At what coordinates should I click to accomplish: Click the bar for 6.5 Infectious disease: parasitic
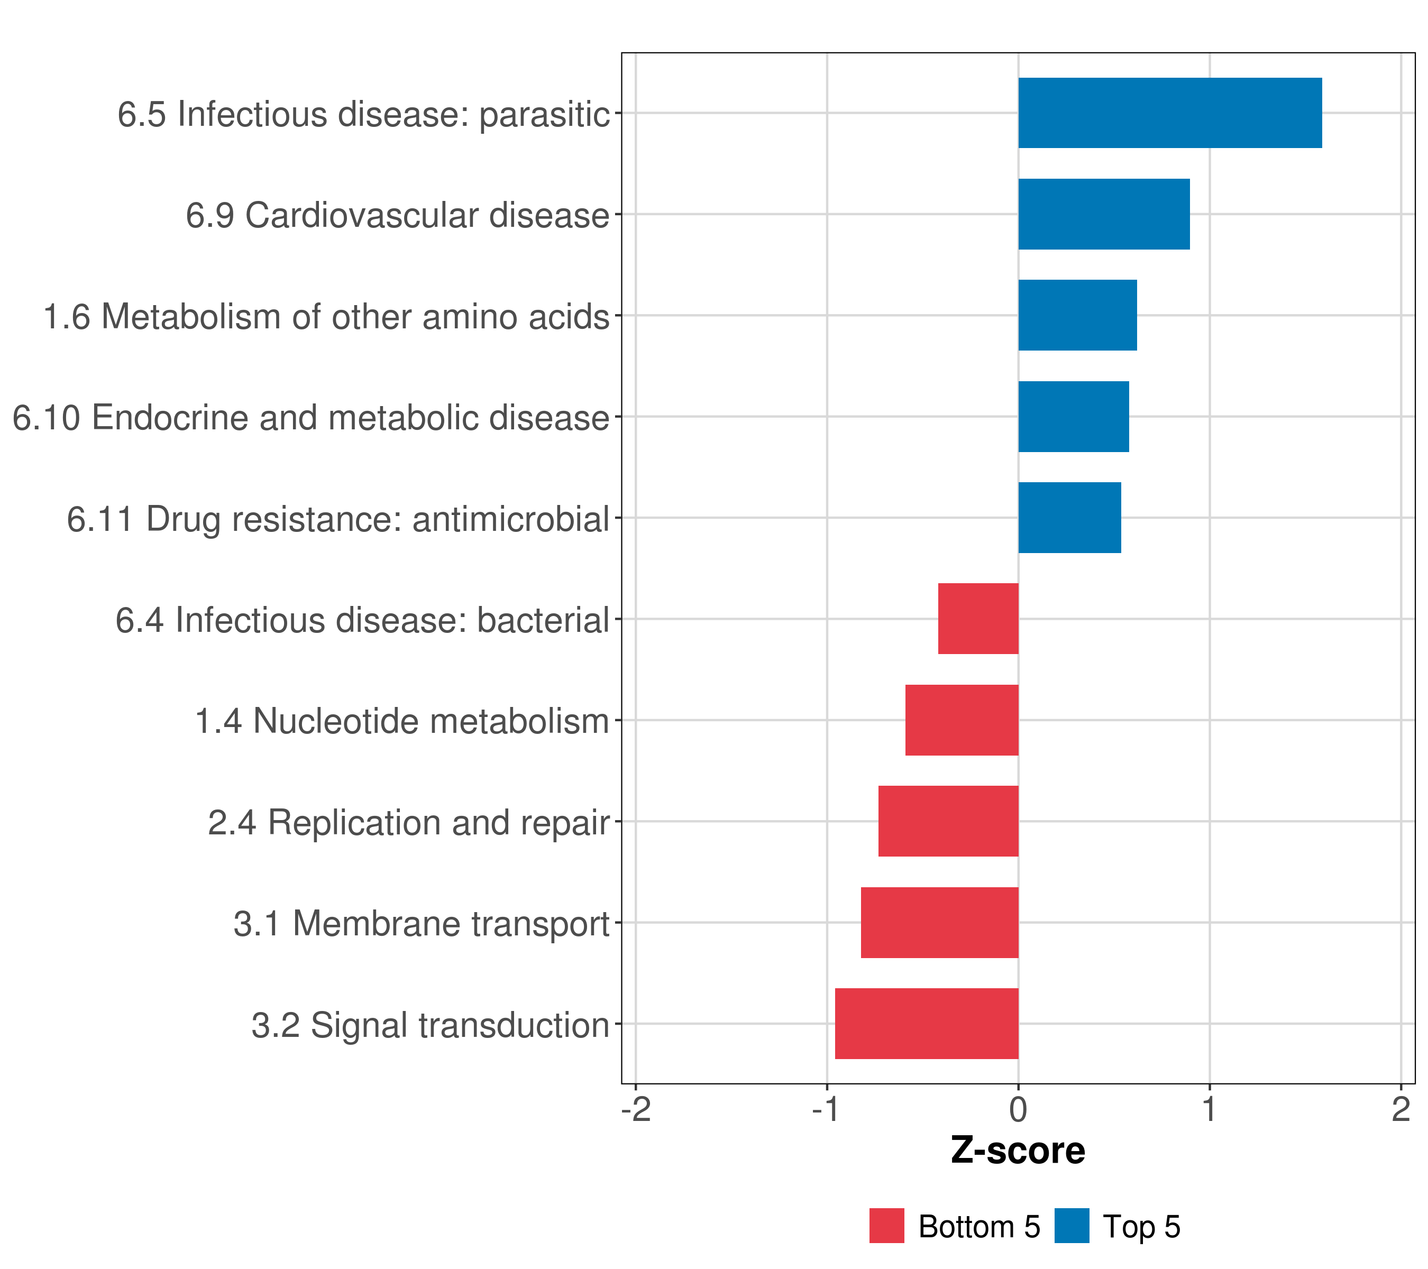click(1170, 113)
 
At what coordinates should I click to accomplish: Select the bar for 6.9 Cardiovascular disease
click(1104, 215)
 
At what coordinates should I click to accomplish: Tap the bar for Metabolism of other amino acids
click(1077, 315)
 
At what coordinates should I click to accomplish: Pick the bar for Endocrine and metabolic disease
click(1073, 417)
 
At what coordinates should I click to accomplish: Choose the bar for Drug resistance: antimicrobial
click(1069, 518)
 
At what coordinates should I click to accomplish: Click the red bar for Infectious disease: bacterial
click(978, 619)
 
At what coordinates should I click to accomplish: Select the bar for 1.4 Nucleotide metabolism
click(962, 720)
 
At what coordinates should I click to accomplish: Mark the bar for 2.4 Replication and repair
click(948, 821)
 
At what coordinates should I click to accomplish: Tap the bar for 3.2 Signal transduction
click(927, 1024)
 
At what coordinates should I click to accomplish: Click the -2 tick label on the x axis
click(636, 1110)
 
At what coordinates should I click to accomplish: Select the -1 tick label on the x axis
click(827, 1110)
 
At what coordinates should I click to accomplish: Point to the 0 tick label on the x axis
click(1018, 1110)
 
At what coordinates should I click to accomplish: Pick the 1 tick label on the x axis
click(1210, 1110)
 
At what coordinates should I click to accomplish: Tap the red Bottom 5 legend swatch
click(886, 1226)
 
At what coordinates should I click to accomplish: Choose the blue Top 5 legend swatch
click(1072, 1226)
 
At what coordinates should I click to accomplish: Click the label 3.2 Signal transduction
click(431, 1025)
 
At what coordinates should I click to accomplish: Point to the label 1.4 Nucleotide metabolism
click(402, 721)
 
